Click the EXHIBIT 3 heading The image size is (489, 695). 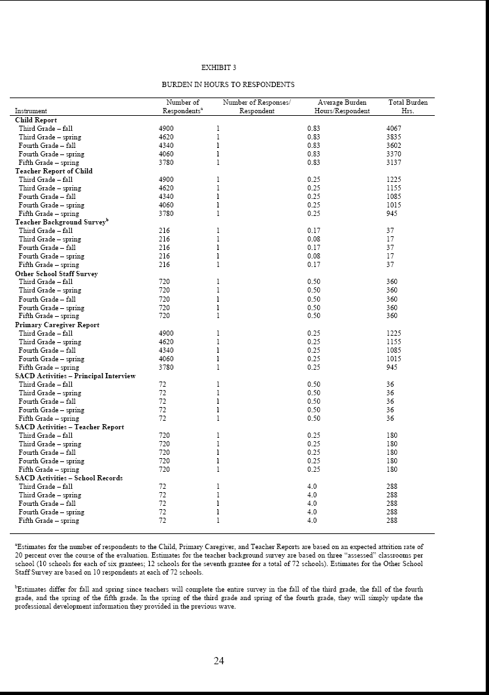[x=219, y=67]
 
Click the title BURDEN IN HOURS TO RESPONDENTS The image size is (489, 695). [x=228, y=84]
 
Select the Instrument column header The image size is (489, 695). [x=31, y=111]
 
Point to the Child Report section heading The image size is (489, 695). [x=36, y=120]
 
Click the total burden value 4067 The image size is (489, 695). [x=394, y=128]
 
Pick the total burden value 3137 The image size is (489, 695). [x=394, y=162]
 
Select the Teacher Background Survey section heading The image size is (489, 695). [x=61, y=222]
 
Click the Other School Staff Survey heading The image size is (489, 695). [x=56, y=274]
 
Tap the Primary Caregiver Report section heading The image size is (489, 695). [x=57, y=325]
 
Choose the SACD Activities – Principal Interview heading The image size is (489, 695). [x=75, y=376]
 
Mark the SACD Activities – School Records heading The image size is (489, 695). [x=69, y=478]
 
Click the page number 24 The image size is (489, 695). [x=219, y=660]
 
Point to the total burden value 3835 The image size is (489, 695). [x=394, y=137]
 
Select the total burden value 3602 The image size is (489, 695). [x=394, y=145]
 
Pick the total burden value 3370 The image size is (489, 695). [x=394, y=154]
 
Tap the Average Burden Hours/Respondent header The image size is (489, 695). [x=342, y=107]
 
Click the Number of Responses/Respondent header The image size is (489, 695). [x=256, y=107]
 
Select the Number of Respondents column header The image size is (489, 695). [x=182, y=107]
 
